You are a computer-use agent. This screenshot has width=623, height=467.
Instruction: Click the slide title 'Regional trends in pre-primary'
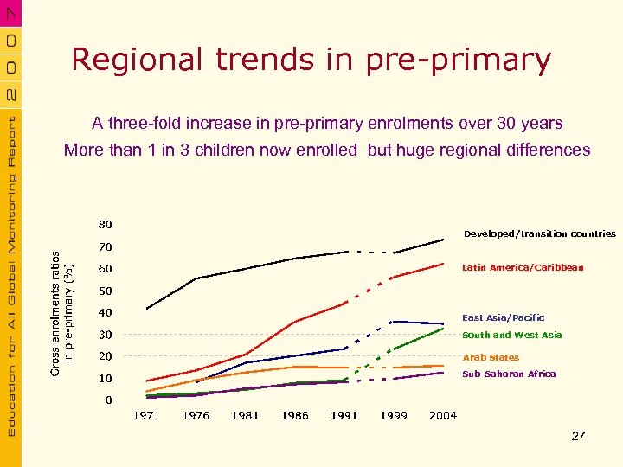311,60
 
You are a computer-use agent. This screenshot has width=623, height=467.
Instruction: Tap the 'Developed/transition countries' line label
540,233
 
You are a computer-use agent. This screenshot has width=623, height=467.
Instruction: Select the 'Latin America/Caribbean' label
523,268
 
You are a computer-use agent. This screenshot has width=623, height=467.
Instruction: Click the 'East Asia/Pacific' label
504,318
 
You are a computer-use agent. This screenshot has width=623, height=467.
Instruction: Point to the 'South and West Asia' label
512,336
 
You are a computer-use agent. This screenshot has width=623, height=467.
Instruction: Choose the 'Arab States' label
491,357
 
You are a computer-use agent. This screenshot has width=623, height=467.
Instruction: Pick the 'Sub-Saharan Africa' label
509,374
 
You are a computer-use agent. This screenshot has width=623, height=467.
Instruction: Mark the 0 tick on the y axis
107,400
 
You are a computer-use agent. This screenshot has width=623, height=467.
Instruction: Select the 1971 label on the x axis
146,416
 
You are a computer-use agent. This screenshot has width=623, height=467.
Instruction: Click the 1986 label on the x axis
294,416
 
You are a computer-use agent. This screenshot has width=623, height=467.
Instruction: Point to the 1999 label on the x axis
394,416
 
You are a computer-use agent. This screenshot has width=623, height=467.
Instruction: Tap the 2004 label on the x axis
443,416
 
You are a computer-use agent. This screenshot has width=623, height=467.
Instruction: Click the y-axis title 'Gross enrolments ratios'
56,313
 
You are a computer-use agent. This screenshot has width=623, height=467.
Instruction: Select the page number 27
578,436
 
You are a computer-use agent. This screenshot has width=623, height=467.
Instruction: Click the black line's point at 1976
196,278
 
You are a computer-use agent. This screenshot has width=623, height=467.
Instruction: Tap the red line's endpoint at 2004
443,264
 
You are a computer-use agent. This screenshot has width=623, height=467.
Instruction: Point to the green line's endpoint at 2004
443,329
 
